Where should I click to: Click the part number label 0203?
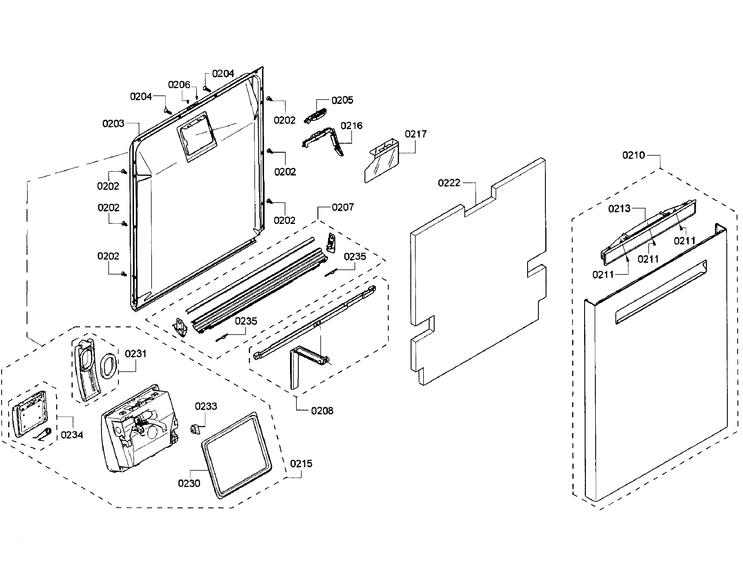pyautogui.click(x=113, y=123)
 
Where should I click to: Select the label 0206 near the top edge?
pyautogui.click(x=179, y=85)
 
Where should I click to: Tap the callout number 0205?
pyautogui.click(x=342, y=100)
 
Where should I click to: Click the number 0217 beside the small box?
pyautogui.click(x=415, y=134)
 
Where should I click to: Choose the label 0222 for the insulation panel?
pyautogui.click(x=449, y=183)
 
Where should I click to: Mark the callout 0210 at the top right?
pyautogui.click(x=633, y=155)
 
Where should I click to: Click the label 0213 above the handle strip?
pyautogui.click(x=619, y=209)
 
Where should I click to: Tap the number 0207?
pyautogui.click(x=343, y=207)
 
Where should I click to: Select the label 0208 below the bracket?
pyautogui.click(x=322, y=411)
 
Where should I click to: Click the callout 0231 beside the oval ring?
pyautogui.click(x=135, y=354)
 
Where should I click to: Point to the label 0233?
pyautogui.click(x=206, y=406)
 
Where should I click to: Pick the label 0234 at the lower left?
pyautogui.click(x=72, y=435)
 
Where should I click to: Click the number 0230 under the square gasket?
pyautogui.click(x=189, y=483)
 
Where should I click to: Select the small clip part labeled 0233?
pyautogui.click(x=195, y=429)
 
